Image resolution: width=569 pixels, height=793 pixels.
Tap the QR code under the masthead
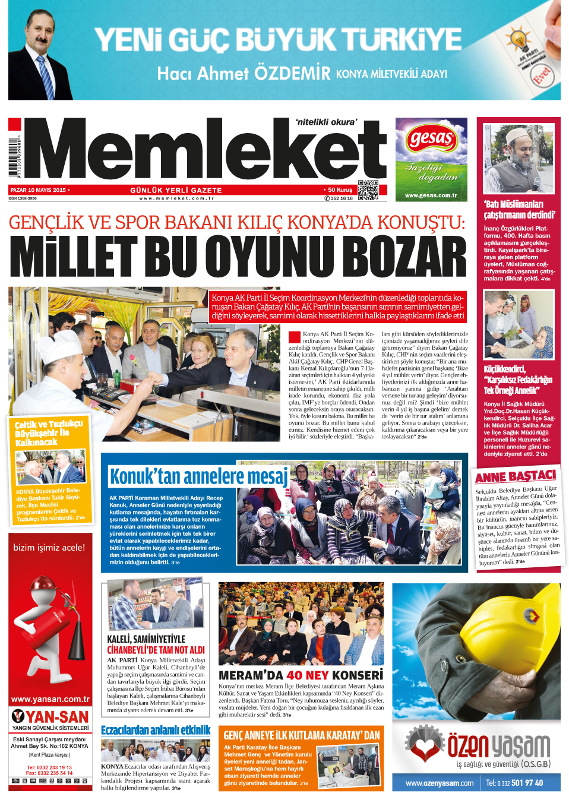pos(368,190)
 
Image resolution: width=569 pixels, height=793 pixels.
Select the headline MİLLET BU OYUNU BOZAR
pos(238,257)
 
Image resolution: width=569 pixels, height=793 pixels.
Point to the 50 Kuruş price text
pos(339,190)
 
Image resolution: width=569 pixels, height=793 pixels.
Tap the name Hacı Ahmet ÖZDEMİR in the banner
pos(244,74)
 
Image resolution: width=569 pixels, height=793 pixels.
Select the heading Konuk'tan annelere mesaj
pos(198,476)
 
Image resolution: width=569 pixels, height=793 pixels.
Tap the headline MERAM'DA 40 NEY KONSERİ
pos(301,675)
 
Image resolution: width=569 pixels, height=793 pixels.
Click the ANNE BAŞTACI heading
pos(516,476)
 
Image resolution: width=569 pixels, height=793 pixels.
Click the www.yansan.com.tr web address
pos(50,699)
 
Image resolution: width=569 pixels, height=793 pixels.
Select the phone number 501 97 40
pos(527,783)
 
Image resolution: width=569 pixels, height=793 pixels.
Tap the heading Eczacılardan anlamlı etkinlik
pos(156,730)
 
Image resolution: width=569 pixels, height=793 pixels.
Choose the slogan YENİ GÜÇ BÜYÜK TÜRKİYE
pos(277,40)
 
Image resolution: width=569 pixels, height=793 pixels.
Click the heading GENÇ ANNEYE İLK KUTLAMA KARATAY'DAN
pos(302,735)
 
